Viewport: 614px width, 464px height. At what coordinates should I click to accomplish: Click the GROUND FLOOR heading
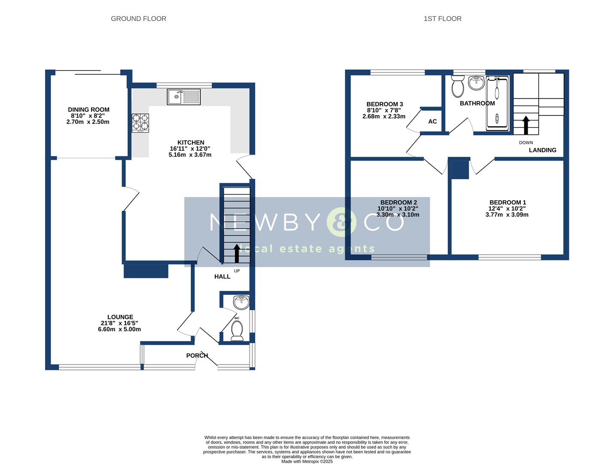coord(138,18)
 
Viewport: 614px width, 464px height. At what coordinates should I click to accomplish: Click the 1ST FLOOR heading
coord(442,18)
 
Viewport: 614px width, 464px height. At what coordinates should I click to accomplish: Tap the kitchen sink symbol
coord(184,97)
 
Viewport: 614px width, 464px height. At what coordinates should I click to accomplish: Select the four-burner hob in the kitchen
coord(140,122)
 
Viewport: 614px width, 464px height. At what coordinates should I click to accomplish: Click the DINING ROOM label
coord(89,110)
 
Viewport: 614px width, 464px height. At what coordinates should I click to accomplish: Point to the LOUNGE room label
coord(120,317)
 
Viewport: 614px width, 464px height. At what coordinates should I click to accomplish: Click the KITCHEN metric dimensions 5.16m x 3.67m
coord(190,155)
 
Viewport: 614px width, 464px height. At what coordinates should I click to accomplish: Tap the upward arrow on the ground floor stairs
coord(236,253)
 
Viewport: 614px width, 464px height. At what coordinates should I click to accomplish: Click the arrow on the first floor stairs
coord(525,125)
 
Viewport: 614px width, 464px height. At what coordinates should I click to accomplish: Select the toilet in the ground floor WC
coord(237,331)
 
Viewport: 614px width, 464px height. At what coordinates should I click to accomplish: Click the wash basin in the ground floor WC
coord(241,302)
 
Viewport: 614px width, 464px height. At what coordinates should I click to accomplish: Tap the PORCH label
coord(197,355)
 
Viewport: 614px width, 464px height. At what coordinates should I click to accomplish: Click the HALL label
coord(222,277)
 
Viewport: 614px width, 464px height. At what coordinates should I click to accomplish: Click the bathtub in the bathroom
coord(497,104)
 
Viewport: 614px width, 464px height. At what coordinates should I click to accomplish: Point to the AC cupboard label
coord(432,122)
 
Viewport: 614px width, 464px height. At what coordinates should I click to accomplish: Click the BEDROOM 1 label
coord(507,202)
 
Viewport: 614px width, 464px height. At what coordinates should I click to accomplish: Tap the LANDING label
coord(542,150)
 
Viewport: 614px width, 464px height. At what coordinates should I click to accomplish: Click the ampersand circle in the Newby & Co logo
coord(341,222)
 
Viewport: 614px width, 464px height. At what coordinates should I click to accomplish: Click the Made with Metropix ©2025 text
coord(307,461)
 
